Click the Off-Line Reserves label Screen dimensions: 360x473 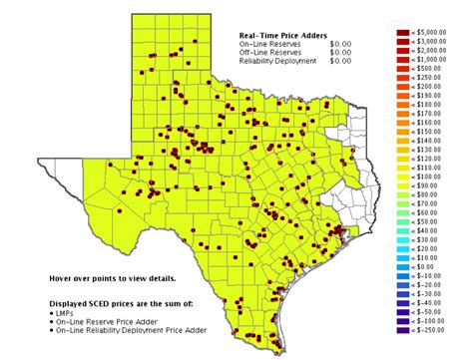tap(267, 53)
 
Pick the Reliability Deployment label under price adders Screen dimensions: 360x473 tap(277, 62)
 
